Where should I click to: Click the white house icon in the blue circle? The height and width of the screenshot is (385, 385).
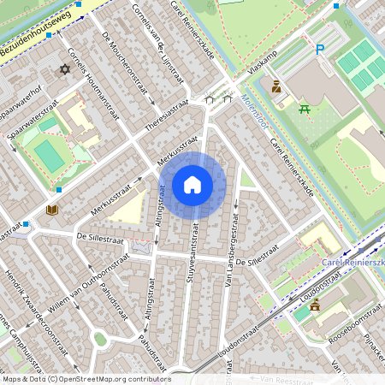click(x=192, y=185)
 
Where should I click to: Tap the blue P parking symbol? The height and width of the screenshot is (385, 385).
click(x=320, y=50)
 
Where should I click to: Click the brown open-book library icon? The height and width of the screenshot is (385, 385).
click(x=51, y=210)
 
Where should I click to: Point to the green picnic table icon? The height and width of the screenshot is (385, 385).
click(x=304, y=108)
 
